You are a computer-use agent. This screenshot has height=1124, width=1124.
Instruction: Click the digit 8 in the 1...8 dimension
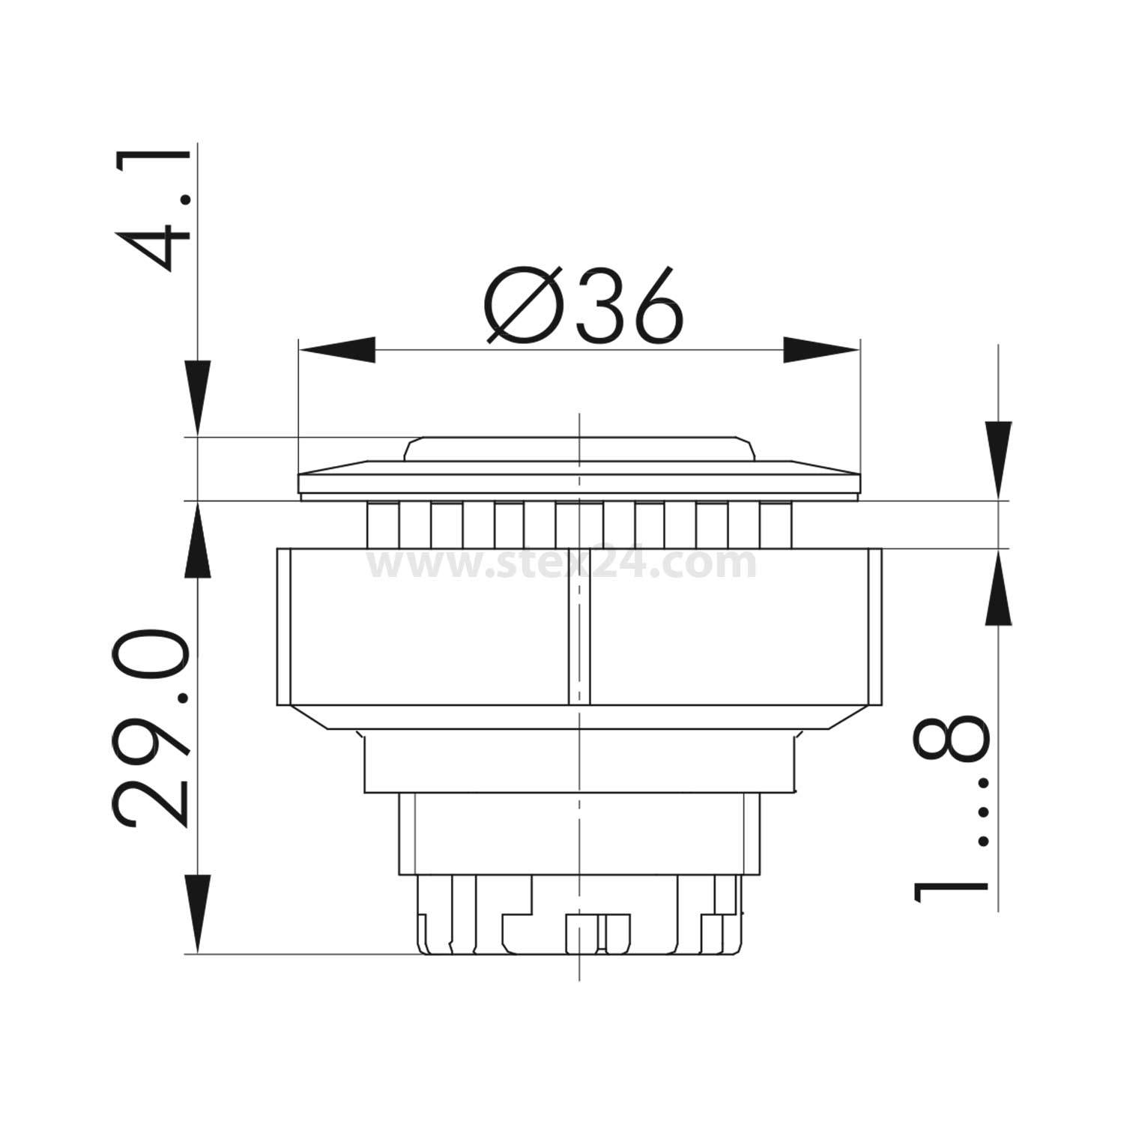click(x=950, y=737)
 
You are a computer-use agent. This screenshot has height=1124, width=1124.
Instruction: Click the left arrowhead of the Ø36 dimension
click(x=337, y=350)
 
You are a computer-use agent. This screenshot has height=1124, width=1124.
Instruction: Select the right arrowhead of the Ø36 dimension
click(x=821, y=350)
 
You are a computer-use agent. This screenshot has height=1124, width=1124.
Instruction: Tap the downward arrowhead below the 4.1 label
click(x=197, y=397)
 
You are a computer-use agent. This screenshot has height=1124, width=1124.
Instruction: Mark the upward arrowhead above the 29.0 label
click(x=197, y=540)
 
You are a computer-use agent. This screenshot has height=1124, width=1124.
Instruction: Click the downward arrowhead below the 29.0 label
click(x=197, y=914)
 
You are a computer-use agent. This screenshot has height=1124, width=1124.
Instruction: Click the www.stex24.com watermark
click(x=562, y=563)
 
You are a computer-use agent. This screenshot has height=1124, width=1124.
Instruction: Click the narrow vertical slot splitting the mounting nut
click(x=579, y=626)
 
